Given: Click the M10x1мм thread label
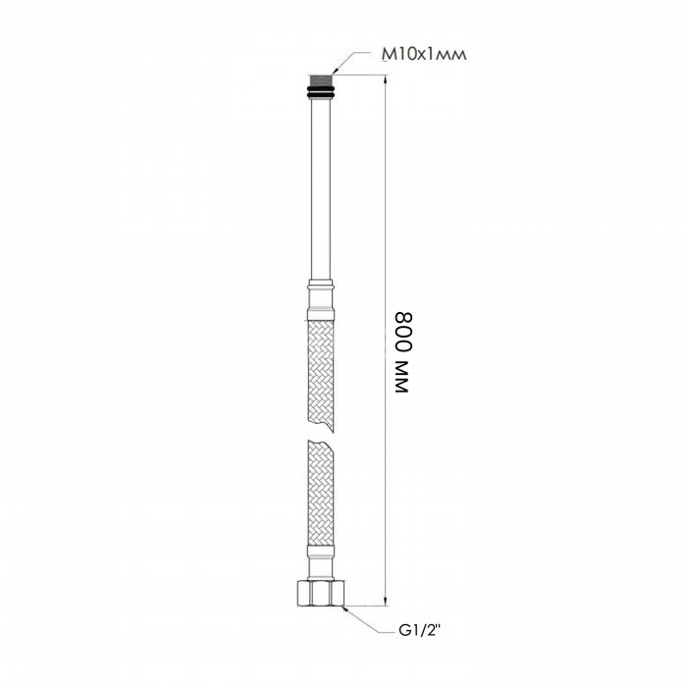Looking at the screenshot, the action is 424,54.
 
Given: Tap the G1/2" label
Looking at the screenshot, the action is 419,631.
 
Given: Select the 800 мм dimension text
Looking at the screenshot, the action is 403,352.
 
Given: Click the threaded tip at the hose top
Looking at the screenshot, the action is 321,80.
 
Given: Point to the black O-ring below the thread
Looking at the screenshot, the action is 321,93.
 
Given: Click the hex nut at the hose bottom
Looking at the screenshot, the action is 321,593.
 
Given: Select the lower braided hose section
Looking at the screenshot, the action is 321,493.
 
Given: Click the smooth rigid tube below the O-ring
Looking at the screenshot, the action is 321,189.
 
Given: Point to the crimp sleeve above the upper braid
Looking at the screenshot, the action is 321,300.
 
